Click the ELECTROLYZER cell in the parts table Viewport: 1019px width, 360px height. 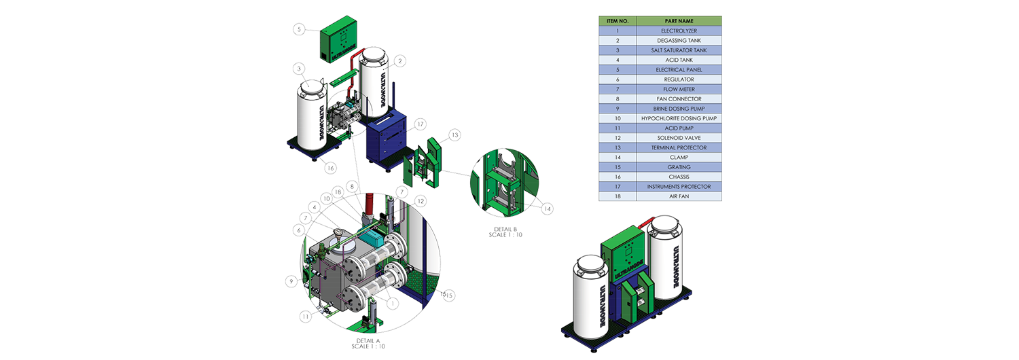pyautogui.click(x=679, y=31)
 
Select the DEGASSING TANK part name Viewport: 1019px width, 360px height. pyautogui.click(x=679, y=41)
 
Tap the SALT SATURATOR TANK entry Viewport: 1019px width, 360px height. pyautogui.click(x=679, y=50)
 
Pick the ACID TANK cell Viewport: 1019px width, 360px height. pyautogui.click(x=679, y=60)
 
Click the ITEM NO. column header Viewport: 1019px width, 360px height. pyautogui.click(x=618, y=21)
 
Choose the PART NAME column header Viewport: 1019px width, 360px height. pyautogui.click(x=679, y=21)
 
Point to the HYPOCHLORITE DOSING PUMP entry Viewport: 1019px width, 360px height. pyautogui.click(x=679, y=118)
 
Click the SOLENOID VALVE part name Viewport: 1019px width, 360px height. pyautogui.click(x=679, y=138)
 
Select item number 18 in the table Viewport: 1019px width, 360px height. pyautogui.click(x=618, y=196)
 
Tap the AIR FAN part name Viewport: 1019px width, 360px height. pyautogui.click(x=679, y=196)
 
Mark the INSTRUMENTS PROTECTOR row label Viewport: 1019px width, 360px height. pyautogui.click(x=679, y=186)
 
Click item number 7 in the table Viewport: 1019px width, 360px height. pyautogui.click(x=618, y=89)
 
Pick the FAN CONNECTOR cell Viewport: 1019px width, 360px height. pyautogui.click(x=679, y=99)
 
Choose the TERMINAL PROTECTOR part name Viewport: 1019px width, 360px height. pyautogui.click(x=679, y=147)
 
